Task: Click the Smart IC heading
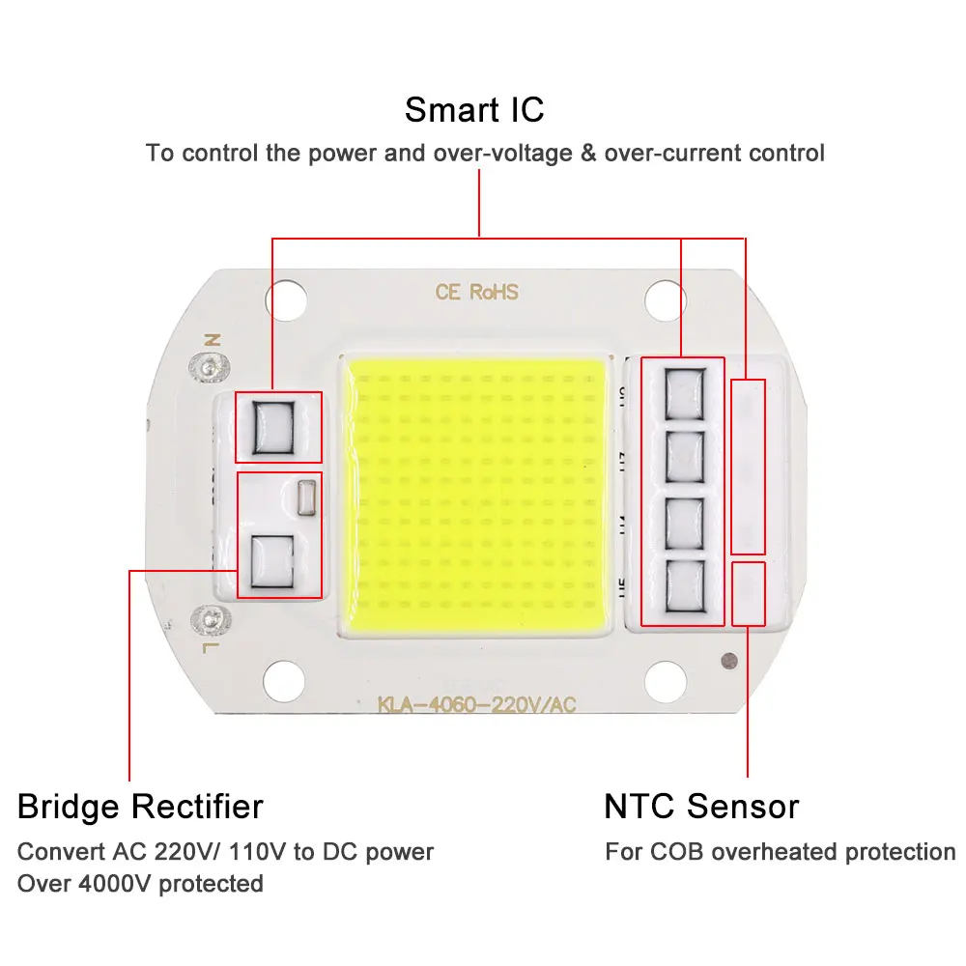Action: pyautogui.click(x=474, y=109)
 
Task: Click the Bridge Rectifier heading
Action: pyautogui.click(x=140, y=806)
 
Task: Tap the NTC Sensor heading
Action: pyautogui.click(x=701, y=806)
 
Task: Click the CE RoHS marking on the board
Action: pyautogui.click(x=476, y=292)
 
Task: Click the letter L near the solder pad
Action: pyautogui.click(x=212, y=643)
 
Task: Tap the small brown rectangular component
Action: pyautogui.click(x=308, y=496)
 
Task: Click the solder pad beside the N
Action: pyautogui.click(x=205, y=366)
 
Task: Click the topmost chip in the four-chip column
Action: pyautogui.click(x=683, y=393)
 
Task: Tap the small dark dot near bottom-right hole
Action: pyautogui.click(x=725, y=662)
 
